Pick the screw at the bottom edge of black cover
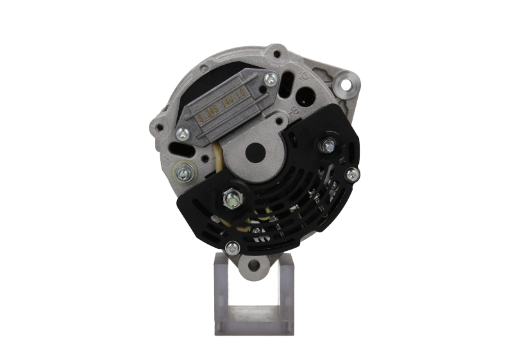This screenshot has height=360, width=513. pyautogui.click(x=235, y=245)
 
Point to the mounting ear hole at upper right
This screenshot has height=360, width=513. pyautogui.click(x=349, y=84)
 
